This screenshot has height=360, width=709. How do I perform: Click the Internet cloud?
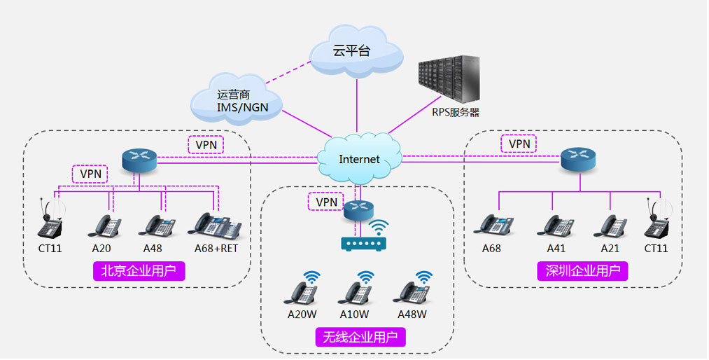pyautogui.click(x=359, y=158)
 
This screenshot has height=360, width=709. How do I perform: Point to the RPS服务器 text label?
pyautogui.click(x=455, y=112)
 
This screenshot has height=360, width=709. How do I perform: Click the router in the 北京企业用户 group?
pyautogui.click(x=139, y=160)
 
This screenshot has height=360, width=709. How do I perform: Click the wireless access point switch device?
pyautogui.click(x=363, y=243)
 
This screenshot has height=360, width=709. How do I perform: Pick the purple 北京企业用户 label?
pyautogui.click(x=139, y=271)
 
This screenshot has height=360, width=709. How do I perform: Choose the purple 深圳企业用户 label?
pyautogui.click(x=582, y=271)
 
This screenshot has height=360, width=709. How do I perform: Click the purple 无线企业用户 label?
pyautogui.click(x=360, y=337)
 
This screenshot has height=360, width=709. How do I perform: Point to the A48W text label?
pyautogui.click(x=412, y=314)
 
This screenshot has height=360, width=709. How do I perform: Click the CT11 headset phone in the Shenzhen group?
pyautogui.click(x=657, y=220)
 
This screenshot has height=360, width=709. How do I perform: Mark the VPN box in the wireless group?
pyautogui.click(x=327, y=202)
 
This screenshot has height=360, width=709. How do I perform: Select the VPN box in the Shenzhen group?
pyautogui.click(x=519, y=144)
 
